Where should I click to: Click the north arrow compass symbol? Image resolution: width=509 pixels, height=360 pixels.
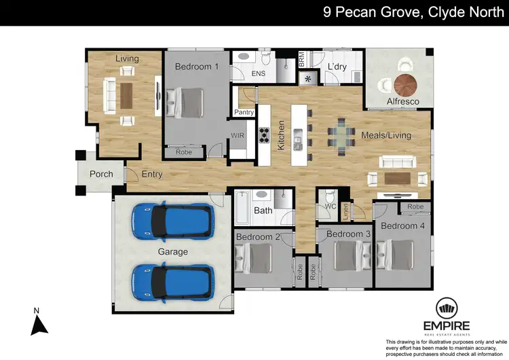pyautogui.click(x=39, y=325)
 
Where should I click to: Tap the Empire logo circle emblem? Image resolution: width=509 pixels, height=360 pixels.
pyautogui.click(x=447, y=308)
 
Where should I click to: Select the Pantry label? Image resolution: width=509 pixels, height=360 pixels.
pyautogui.click(x=244, y=112)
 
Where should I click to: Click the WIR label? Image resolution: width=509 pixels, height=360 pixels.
pyautogui.click(x=238, y=135)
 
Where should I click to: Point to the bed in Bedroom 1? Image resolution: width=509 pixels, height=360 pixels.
pyautogui.click(x=185, y=103)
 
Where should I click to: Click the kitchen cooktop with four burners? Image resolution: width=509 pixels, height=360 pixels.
pyautogui.click(x=264, y=135)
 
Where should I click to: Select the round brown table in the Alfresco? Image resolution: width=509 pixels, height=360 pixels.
pyautogui.click(x=405, y=86)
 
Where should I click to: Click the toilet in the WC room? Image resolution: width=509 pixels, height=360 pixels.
pyautogui.click(x=330, y=196)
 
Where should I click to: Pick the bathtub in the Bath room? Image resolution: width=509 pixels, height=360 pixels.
pyautogui.click(x=242, y=208)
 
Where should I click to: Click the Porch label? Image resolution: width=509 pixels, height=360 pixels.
pyautogui.click(x=101, y=174)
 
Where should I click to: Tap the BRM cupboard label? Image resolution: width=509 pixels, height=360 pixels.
pyautogui.click(x=301, y=60)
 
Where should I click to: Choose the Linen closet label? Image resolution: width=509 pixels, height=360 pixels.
pyautogui.click(x=345, y=211)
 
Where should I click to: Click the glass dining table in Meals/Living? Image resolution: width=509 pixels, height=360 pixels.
pyautogui.click(x=341, y=137)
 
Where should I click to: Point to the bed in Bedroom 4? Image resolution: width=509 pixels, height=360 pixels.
pyautogui.click(x=395, y=255)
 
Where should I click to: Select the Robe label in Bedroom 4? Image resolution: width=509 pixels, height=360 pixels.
pyautogui.click(x=415, y=206)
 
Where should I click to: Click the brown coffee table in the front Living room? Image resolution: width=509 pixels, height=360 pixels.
pyautogui.click(x=126, y=96)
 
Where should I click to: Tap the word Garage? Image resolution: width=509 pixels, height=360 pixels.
pyautogui.click(x=172, y=252)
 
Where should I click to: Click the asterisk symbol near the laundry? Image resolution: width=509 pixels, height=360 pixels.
pyautogui.click(x=307, y=79)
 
